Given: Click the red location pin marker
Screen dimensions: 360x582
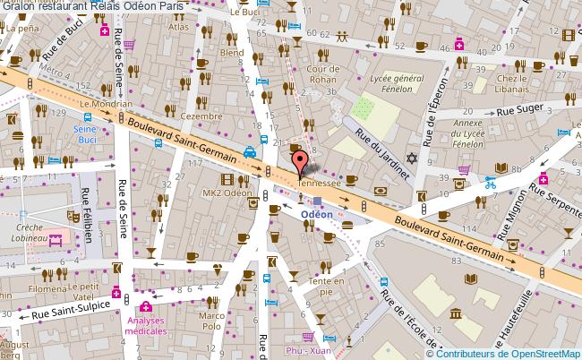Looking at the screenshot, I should tap(299, 164).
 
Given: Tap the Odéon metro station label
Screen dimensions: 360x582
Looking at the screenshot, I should tap(316, 215).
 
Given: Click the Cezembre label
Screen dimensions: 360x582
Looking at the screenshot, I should tap(201, 116).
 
